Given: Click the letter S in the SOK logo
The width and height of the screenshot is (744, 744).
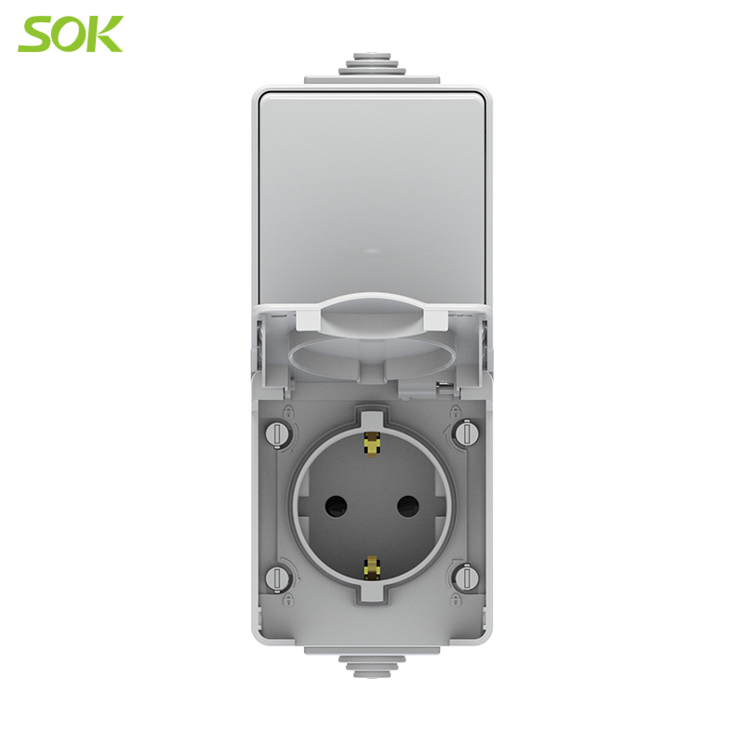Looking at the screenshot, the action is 36,33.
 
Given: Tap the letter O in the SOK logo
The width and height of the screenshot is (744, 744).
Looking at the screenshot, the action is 72,33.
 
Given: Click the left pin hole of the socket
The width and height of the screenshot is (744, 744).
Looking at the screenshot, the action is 336,507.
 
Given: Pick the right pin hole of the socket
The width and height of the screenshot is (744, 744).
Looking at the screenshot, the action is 407,507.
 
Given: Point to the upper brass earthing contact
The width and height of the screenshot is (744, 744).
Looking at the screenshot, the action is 372,444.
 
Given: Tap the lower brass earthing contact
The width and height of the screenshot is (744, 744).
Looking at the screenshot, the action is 372,569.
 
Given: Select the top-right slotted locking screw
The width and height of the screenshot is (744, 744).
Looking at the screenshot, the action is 467,432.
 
